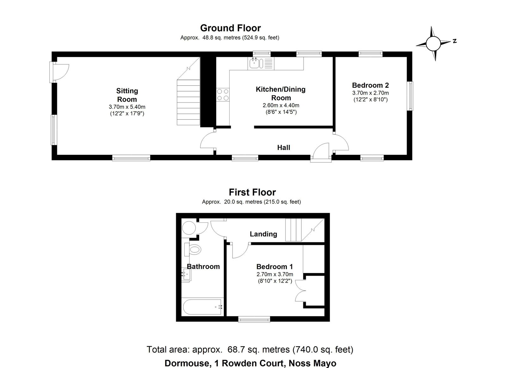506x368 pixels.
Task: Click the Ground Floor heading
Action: click(231, 28)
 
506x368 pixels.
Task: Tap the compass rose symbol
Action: click(433, 43)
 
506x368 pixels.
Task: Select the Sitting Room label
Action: click(127, 95)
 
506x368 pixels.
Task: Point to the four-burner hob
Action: click(223, 95)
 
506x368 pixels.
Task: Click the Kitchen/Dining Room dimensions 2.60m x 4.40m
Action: click(281, 105)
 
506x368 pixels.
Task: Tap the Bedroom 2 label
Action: click(370, 85)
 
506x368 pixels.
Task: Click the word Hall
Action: click(283, 147)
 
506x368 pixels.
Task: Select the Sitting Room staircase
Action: click(188, 91)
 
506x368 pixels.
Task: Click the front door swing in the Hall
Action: click(320, 152)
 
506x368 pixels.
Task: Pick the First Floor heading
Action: click(252, 192)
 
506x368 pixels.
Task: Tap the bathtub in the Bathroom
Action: click(202, 307)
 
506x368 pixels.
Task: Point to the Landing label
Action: click(263, 234)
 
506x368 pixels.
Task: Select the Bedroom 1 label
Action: click(275, 267)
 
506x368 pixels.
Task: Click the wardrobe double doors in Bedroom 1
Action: click(300, 290)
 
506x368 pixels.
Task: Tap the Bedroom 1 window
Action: click(254, 319)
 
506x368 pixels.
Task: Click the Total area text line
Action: click(250, 349)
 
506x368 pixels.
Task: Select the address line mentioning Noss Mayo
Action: click(250, 363)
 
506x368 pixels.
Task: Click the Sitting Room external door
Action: click(59, 72)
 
